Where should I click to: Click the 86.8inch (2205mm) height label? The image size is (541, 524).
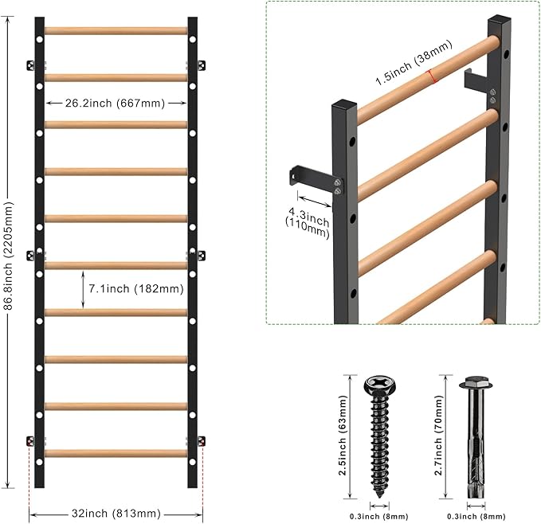tap(8, 256)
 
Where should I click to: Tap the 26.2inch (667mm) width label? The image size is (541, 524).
tap(116, 103)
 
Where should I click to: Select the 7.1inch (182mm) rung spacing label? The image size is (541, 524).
tap(136, 288)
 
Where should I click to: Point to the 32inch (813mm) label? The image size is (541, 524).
tap(116, 514)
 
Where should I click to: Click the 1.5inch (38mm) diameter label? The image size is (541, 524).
tap(414, 62)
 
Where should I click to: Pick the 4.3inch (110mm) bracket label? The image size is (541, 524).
tap(308, 222)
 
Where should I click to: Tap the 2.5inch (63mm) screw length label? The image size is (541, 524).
tap(343, 436)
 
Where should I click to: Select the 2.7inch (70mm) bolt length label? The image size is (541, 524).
tap(438, 436)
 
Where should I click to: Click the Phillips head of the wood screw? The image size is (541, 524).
tap(379, 385)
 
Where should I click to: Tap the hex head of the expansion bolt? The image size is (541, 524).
tap(476, 382)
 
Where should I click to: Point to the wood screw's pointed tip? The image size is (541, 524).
tap(380, 496)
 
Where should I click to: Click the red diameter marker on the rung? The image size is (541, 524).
tap(431, 76)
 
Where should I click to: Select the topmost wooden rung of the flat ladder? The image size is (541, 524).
tap(116, 31)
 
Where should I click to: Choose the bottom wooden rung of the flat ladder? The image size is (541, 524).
tap(116, 453)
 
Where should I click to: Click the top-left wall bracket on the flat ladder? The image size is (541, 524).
tap(31, 65)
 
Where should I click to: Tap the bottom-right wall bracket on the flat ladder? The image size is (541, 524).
tap(201, 441)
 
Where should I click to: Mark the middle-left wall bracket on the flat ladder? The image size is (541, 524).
tap(31, 256)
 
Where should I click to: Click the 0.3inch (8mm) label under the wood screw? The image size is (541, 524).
tap(378, 516)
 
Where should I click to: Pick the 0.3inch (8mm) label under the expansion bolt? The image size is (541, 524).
tap(476, 516)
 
